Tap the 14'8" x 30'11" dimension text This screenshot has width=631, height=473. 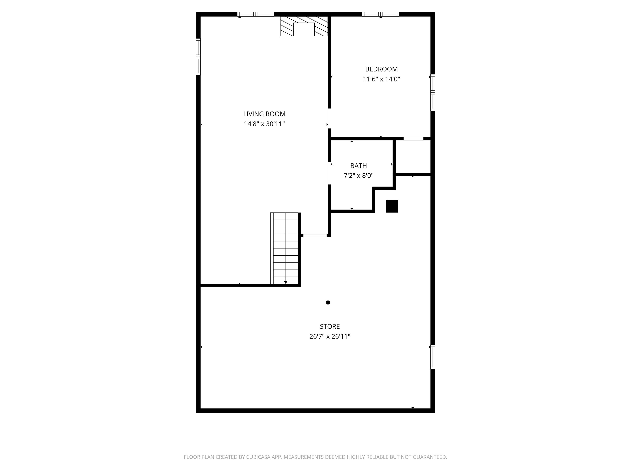pos(264,124)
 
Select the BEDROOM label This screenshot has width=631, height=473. pos(381,69)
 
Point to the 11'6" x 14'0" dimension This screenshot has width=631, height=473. pos(381,79)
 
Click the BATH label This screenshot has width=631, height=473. pos(359,166)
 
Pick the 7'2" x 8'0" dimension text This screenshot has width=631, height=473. pos(359,176)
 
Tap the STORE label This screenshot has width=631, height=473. pos(330,326)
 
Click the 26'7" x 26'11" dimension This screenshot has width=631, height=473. pos(330,336)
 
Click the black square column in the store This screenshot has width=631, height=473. pos(392,206)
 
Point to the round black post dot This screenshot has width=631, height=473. pos(328,303)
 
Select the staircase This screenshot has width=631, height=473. pos(286,248)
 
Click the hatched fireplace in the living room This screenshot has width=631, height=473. pos(304,26)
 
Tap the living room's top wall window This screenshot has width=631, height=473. pos(256,14)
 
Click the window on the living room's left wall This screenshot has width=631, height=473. pos(198,57)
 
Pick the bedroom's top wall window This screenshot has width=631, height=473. pos(381,14)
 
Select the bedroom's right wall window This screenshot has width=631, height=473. pos(433,93)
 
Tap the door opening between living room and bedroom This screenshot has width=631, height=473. pos(329,118)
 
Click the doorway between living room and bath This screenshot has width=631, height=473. pos(329,173)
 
